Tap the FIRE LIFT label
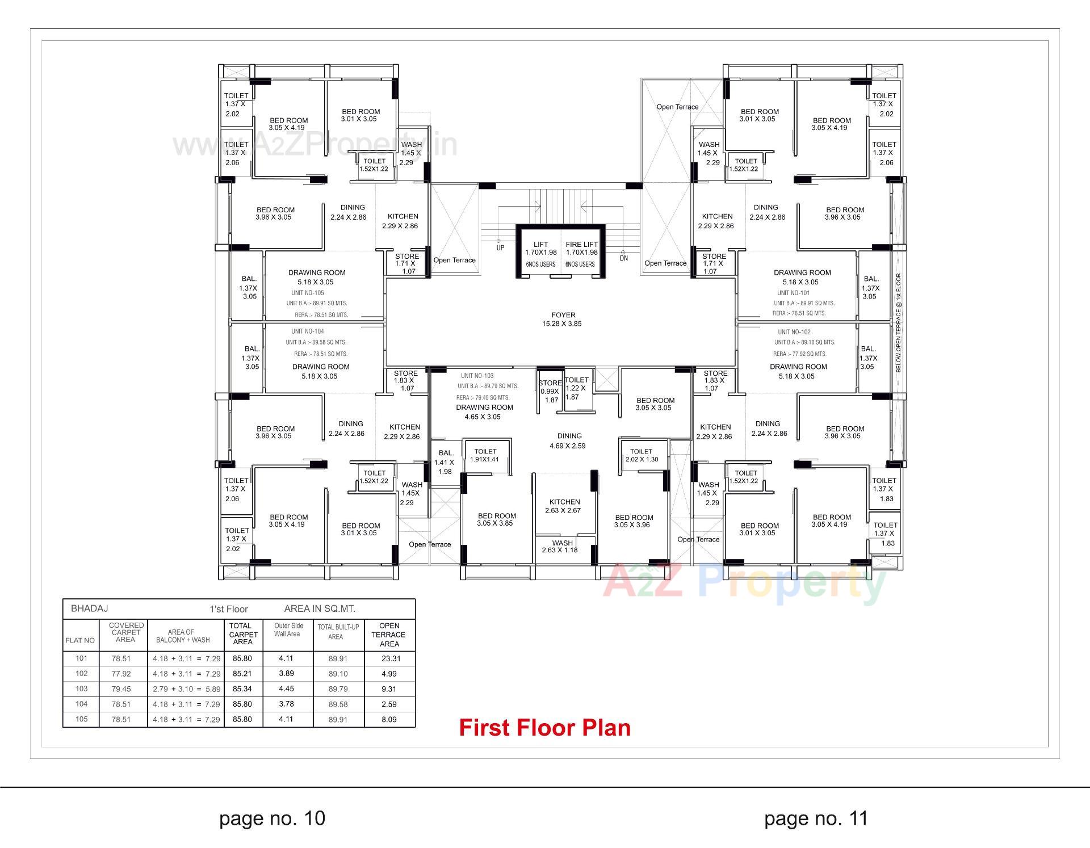[x=581, y=245]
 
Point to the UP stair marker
[x=500, y=248]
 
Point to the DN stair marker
[x=624, y=258]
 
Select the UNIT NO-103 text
[x=477, y=376]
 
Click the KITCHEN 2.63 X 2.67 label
[x=564, y=506]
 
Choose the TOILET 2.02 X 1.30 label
[x=642, y=455]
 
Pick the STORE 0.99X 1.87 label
[x=550, y=391]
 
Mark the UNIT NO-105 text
[x=307, y=293]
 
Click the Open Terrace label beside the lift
[x=454, y=260]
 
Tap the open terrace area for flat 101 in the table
[x=390, y=659]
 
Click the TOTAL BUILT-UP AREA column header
[x=338, y=632]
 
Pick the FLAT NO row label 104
[x=81, y=704]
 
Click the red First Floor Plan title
[x=544, y=728]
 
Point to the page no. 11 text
[x=816, y=818]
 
